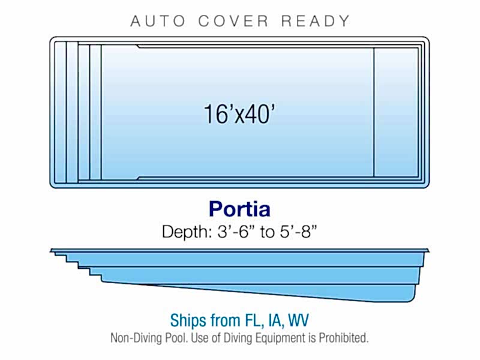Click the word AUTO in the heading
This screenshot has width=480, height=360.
(x=158, y=21)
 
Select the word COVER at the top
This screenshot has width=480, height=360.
(x=233, y=21)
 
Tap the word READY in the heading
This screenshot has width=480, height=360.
(x=316, y=21)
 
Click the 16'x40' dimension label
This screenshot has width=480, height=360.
(x=239, y=114)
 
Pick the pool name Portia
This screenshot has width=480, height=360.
(x=239, y=209)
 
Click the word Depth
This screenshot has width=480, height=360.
(x=187, y=232)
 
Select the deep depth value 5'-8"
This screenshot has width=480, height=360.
(x=298, y=232)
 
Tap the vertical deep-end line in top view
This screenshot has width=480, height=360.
(x=374, y=112)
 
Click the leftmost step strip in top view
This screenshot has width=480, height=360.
(x=61, y=112)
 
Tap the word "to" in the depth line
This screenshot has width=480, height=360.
(x=267, y=232)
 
